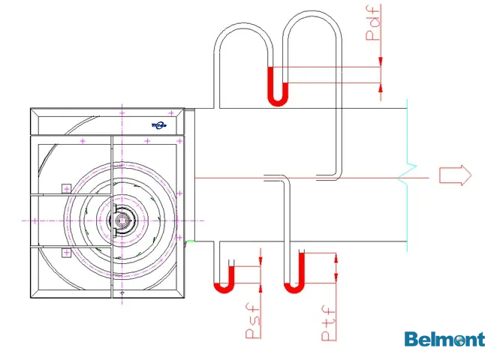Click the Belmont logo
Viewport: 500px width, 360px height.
[x=444, y=340]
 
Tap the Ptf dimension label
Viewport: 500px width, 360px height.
[x=328, y=323]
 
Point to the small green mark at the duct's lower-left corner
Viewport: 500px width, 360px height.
[x=191, y=241]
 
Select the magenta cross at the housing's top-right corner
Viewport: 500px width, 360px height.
[x=171, y=112]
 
